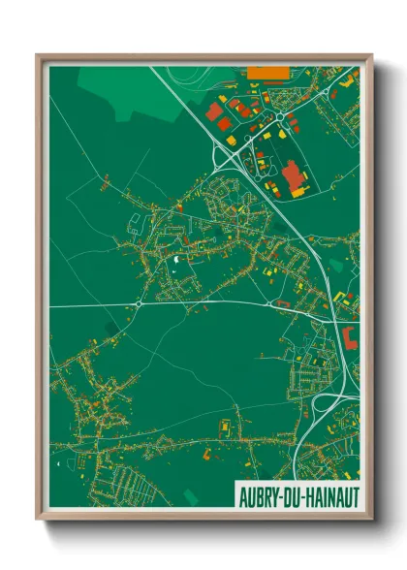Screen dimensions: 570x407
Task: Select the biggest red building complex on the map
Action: click(291, 176)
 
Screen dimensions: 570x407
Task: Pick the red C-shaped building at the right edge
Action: click(350, 337)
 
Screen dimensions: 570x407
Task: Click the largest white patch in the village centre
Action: click(175, 259)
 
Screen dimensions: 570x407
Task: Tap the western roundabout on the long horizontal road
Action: click(139, 303)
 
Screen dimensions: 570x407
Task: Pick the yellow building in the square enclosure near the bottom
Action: click(225, 427)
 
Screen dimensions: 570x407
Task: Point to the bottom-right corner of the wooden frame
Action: click(370, 521)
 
